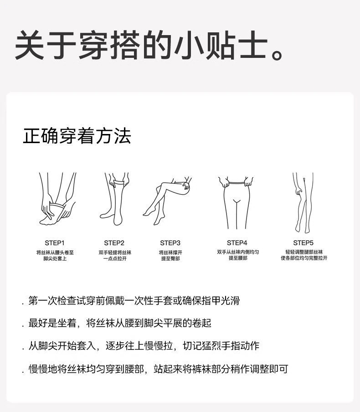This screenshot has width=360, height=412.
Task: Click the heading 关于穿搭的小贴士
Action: point(141,45)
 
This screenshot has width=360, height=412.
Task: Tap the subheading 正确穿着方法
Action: point(77,136)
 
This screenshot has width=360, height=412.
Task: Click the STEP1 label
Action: point(55,243)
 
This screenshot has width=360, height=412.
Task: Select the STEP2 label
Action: point(114,243)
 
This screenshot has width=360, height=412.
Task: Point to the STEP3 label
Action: point(170,243)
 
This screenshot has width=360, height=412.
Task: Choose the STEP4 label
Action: point(237,242)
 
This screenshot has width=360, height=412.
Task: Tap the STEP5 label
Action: point(303,242)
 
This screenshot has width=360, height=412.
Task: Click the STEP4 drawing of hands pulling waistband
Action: point(236,203)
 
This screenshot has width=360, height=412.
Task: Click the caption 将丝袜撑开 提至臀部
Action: point(170,255)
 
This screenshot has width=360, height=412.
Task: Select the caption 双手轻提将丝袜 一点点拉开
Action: point(115,255)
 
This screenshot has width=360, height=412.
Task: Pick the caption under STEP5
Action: point(304,255)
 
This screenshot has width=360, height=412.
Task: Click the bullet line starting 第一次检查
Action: point(131,301)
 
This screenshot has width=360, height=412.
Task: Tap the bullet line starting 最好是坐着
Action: point(116,323)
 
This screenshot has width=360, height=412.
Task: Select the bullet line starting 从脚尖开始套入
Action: point(141,346)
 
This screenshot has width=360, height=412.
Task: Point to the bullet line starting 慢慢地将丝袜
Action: point(155,369)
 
